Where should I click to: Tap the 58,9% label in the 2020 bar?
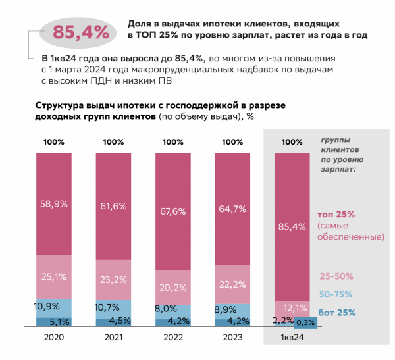[54, 205]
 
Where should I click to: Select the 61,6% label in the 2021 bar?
[113, 206]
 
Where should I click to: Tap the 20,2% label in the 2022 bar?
[172, 287]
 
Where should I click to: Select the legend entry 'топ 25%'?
[338, 214]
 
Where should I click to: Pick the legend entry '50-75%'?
[335, 294]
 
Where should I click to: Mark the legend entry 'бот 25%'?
[337, 312]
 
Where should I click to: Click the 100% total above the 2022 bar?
[172, 141]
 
